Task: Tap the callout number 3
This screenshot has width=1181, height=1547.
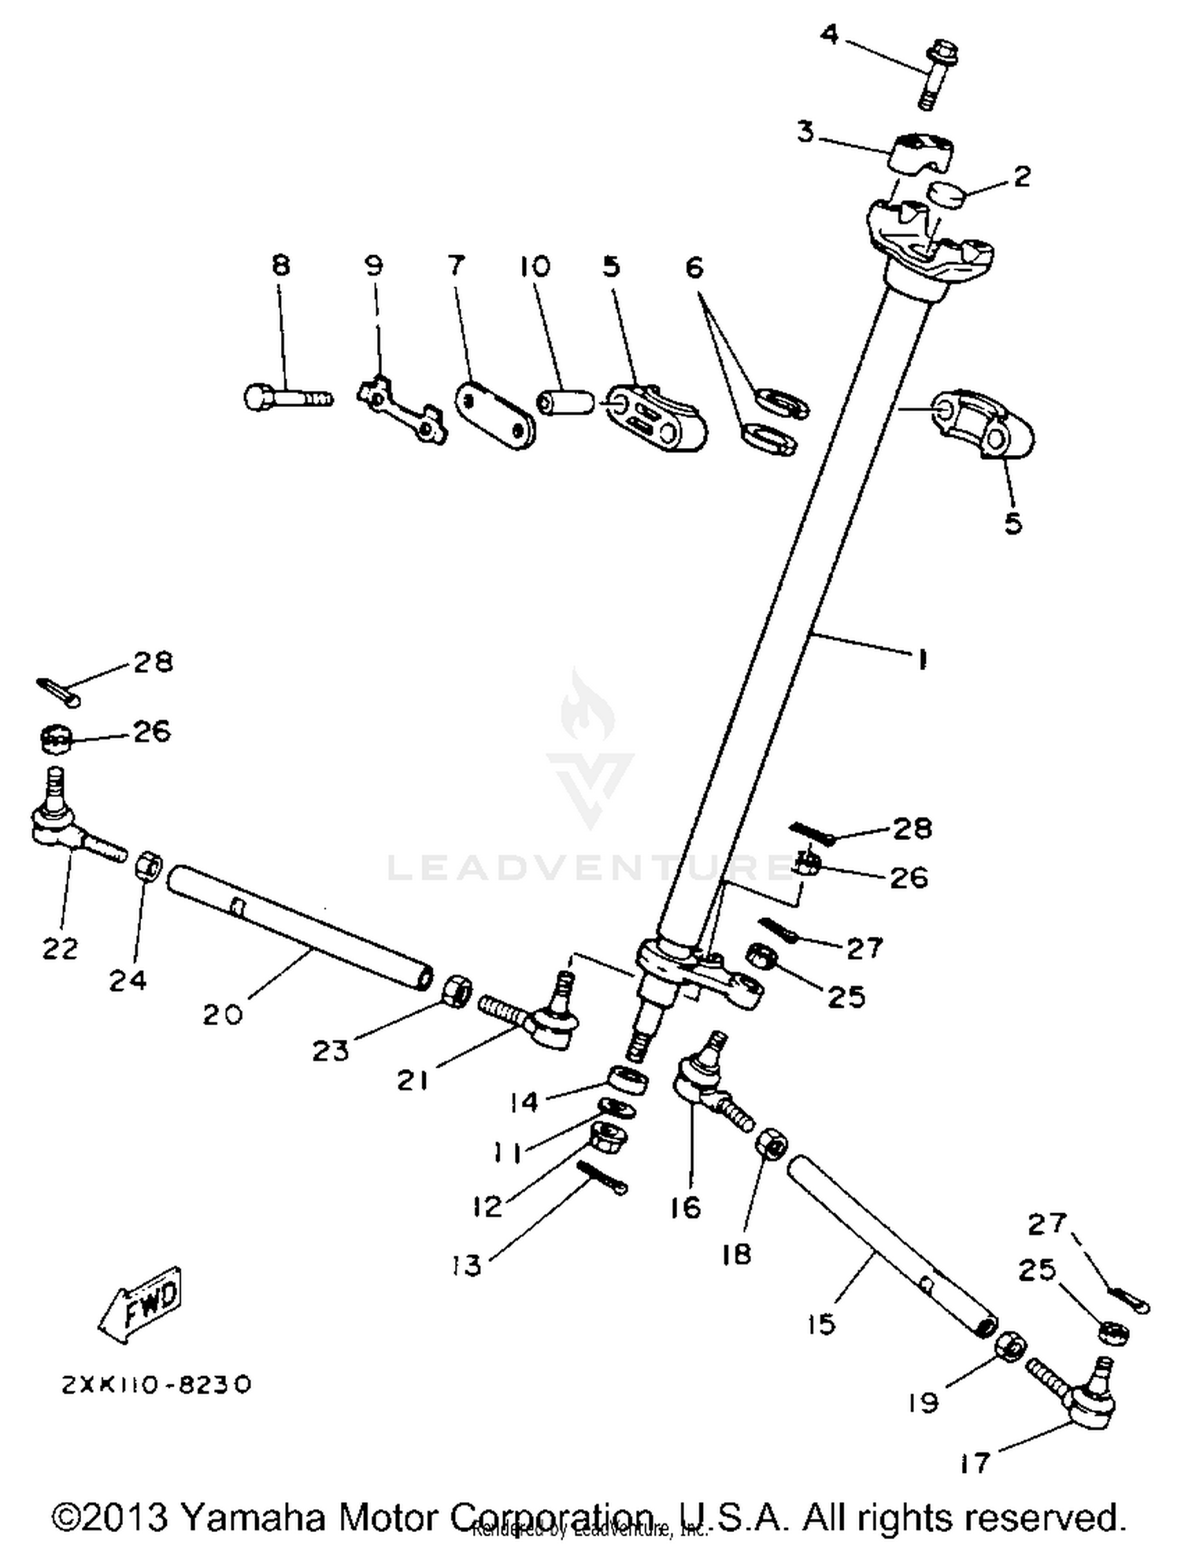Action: pyautogui.click(x=805, y=132)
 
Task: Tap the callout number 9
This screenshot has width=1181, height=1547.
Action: pyautogui.click(x=375, y=266)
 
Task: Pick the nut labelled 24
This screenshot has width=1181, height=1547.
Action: pyautogui.click(x=150, y=867)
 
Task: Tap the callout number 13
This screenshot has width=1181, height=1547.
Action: pyautogui.click(x=467, y=1265)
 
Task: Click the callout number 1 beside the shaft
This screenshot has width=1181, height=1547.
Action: pyautogui.click(x=922, y=660)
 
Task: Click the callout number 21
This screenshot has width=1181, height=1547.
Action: pyautogui.click(x=412, y=1080)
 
